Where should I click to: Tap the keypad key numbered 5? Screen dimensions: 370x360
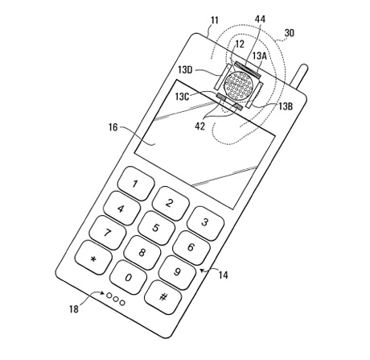coord(156,228)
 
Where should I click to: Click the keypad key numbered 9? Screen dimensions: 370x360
coord(177,272)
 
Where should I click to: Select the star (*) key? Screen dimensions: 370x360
coord(93,258)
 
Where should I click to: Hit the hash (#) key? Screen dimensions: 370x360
coord(163,297)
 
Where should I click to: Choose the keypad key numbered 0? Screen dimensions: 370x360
coord(129,278)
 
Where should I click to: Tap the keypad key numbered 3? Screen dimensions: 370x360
coord(205,223)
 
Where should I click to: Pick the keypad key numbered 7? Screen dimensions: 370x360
coord(108,233)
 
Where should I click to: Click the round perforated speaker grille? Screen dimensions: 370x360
coord(238,85)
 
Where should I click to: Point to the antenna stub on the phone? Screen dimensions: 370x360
coord(301,76)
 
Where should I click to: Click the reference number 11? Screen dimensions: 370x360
coord(215,20)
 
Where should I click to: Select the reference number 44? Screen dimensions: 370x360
coord(260,19)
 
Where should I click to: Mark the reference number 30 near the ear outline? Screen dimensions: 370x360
coord(290,33)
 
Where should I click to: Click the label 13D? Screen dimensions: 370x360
coord(185,70)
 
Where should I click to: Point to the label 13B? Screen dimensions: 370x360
coord(286,106)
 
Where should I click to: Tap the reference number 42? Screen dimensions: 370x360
coord(199,126)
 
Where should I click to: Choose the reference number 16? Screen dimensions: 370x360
coord(113,127)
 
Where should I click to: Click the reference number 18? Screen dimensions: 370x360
coord(74,309)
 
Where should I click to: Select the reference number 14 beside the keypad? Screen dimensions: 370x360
coord(224,275)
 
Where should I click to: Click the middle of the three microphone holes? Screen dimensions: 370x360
coord(116,299)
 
